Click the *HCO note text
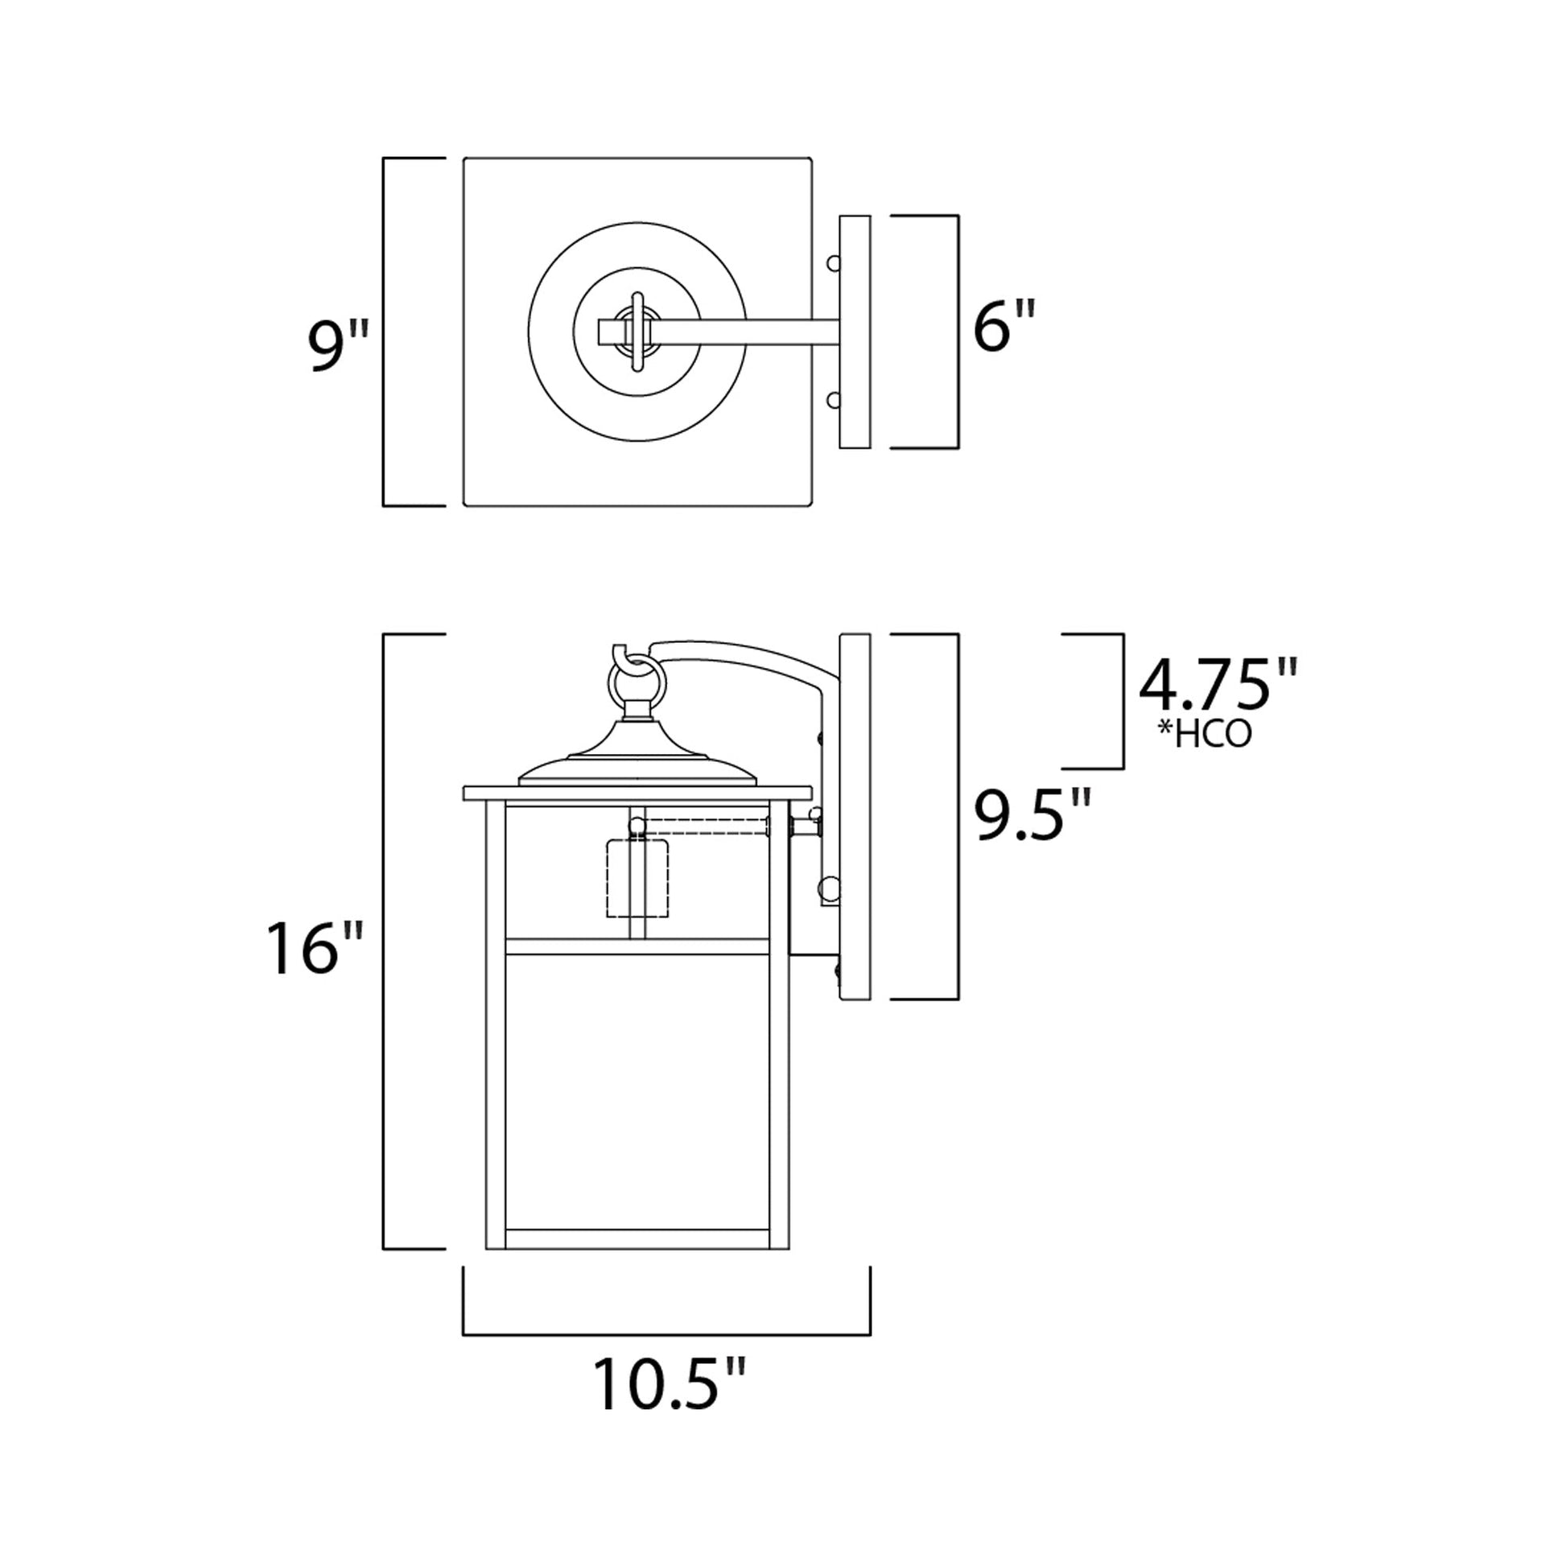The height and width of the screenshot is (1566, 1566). [x=1205, y=735]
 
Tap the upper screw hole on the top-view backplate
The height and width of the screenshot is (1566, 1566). [x=832, y=263]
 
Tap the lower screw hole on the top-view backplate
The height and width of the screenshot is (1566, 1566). [x=832, y=400]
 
